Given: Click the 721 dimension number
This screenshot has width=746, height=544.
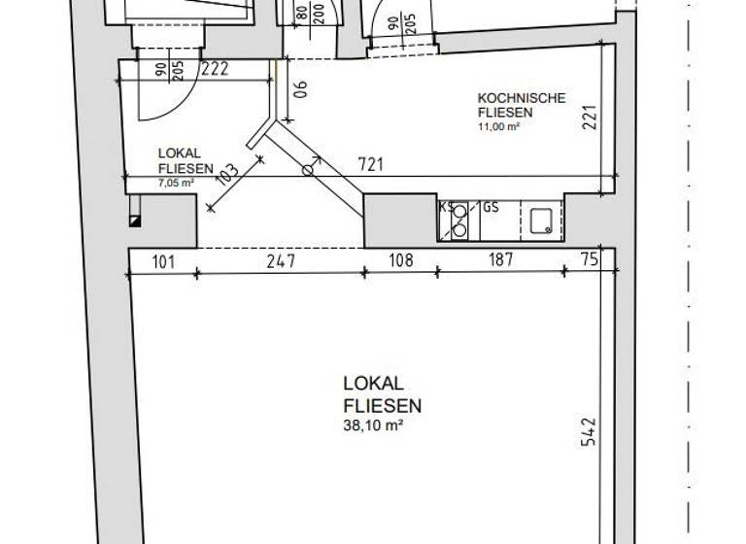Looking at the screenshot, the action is click(x=371, y=165).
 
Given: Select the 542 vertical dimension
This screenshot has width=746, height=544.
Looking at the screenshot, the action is click(x=589, y=431).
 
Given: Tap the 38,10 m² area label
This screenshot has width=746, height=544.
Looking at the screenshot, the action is click(x=373, y=425).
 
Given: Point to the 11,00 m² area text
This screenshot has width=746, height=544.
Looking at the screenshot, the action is click(x=498, y=126).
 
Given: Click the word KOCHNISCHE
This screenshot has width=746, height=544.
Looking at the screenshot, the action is click(x=522, y=98).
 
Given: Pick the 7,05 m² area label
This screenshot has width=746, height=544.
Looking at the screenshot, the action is click(x=176, y=182).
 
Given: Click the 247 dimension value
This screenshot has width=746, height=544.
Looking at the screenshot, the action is click(x=281, y=260).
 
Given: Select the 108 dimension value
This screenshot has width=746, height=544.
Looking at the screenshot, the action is click(x=401, y=260).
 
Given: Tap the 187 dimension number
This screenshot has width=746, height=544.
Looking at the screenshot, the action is click(x=501, y=260).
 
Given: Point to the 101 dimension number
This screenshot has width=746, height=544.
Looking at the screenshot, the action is click(x=163, y=261).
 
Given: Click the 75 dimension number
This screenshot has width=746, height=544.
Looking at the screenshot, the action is click(x=589, y=259).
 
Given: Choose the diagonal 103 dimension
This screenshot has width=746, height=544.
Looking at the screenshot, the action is click(x=227, y=175).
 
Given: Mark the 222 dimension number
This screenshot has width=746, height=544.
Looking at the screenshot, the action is click(x=215, y=70).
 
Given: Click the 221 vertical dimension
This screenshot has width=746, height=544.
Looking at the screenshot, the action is click(x=589, y=118).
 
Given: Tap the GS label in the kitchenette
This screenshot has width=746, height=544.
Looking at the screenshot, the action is click(x=491, y=208).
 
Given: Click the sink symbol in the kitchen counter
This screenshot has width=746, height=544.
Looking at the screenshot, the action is click(x=541, y=221).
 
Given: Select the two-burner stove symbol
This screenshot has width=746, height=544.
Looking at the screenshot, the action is click(x=459, y=221).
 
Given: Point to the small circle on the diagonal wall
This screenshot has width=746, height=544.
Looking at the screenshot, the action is click(x=308, y=170).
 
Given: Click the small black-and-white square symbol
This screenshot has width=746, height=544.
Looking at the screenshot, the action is click(x=135, y=221).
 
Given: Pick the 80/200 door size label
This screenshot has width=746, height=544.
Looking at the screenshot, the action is click(x=310, y=15).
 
